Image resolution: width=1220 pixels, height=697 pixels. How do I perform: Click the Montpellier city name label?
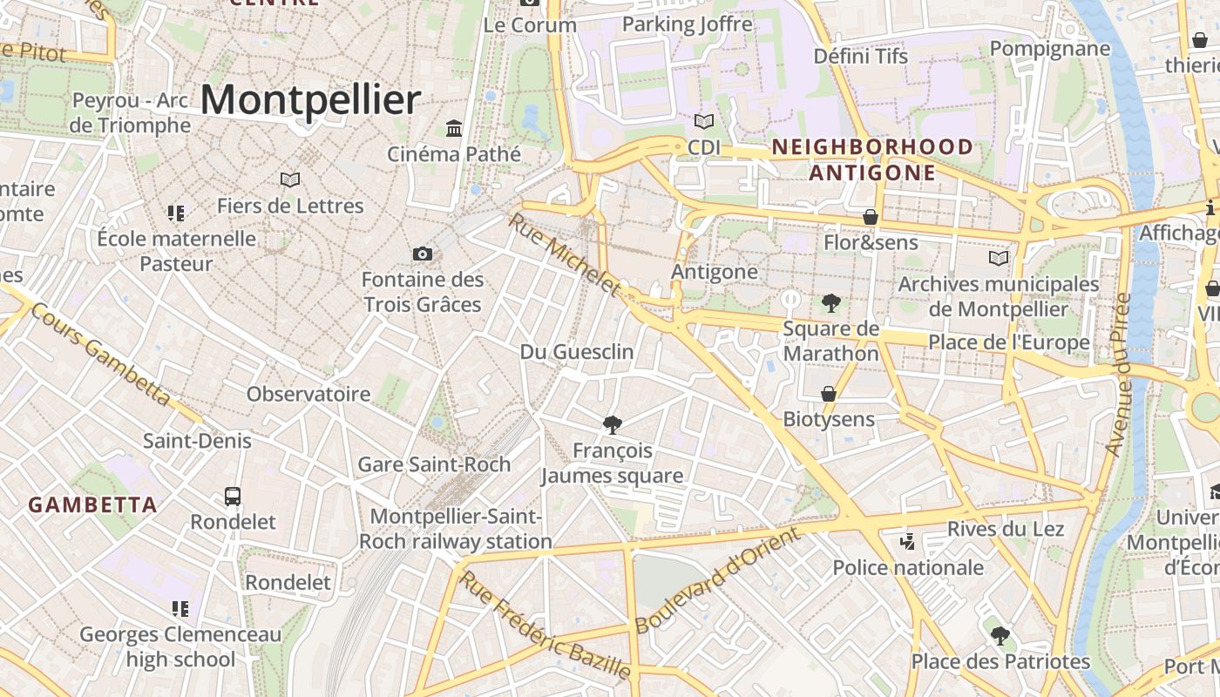tap(310, 99)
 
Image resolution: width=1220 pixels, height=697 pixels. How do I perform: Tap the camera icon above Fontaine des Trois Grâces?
tap(423, 254)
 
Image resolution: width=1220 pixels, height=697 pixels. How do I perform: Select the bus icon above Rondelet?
tap(233, 497)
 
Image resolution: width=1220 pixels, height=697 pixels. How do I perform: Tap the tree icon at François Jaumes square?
tap(613, 425)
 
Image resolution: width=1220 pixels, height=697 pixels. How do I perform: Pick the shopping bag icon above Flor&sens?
tap(870, 216)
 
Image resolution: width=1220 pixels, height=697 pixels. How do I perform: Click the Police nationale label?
tap(908, 568)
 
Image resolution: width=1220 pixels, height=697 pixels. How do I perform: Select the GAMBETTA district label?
tap(92, 504)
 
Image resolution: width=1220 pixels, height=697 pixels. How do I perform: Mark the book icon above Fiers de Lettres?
tap(290, 179)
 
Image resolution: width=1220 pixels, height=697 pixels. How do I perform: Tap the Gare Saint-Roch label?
tap(434, 464)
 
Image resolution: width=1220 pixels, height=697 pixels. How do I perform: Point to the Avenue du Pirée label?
tap(1118, 375)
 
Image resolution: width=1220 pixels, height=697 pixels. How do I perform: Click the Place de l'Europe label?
tap(1008, 342)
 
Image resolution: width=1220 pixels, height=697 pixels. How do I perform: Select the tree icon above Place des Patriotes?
tap(1000, 636)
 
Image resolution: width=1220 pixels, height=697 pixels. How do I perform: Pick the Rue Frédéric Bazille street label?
tap(545, 625)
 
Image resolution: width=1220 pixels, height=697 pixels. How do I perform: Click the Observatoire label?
tap(308, 394)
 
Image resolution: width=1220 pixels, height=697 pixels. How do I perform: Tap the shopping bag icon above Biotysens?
tap(829, 394)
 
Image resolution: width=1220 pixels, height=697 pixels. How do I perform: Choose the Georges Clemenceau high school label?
tap(180, 646)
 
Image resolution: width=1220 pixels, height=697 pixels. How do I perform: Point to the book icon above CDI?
tap(703, 122)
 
